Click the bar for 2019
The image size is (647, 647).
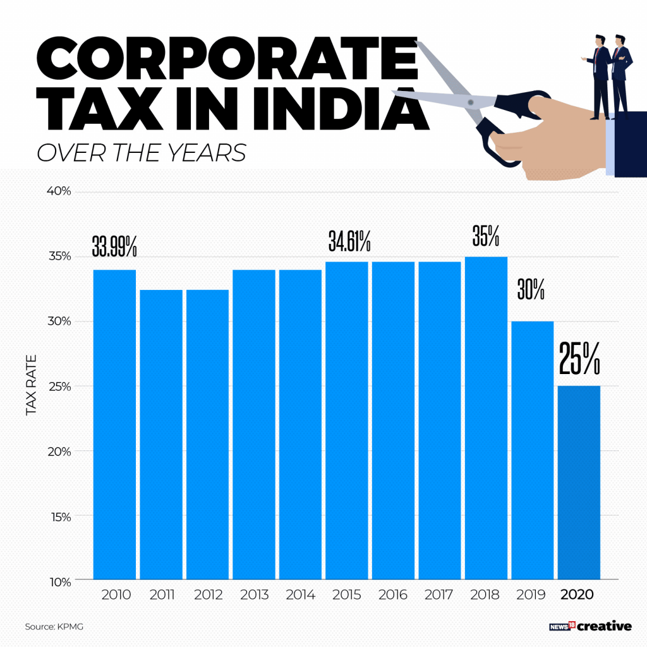[x=532, y=450]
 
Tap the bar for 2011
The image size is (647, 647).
[x=161, y=434]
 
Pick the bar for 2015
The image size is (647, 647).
[x=347, y=420]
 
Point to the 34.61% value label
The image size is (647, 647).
[x=349, y=241]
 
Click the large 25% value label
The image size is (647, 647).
[x=579, y=360]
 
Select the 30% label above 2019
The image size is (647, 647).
[x=531, y=289]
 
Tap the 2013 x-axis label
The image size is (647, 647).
[x=254, y=595]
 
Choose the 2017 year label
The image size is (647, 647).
[x=439, y=595]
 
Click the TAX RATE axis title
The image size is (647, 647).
[x=31, y=385]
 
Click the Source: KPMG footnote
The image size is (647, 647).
[x=54, y=627]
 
